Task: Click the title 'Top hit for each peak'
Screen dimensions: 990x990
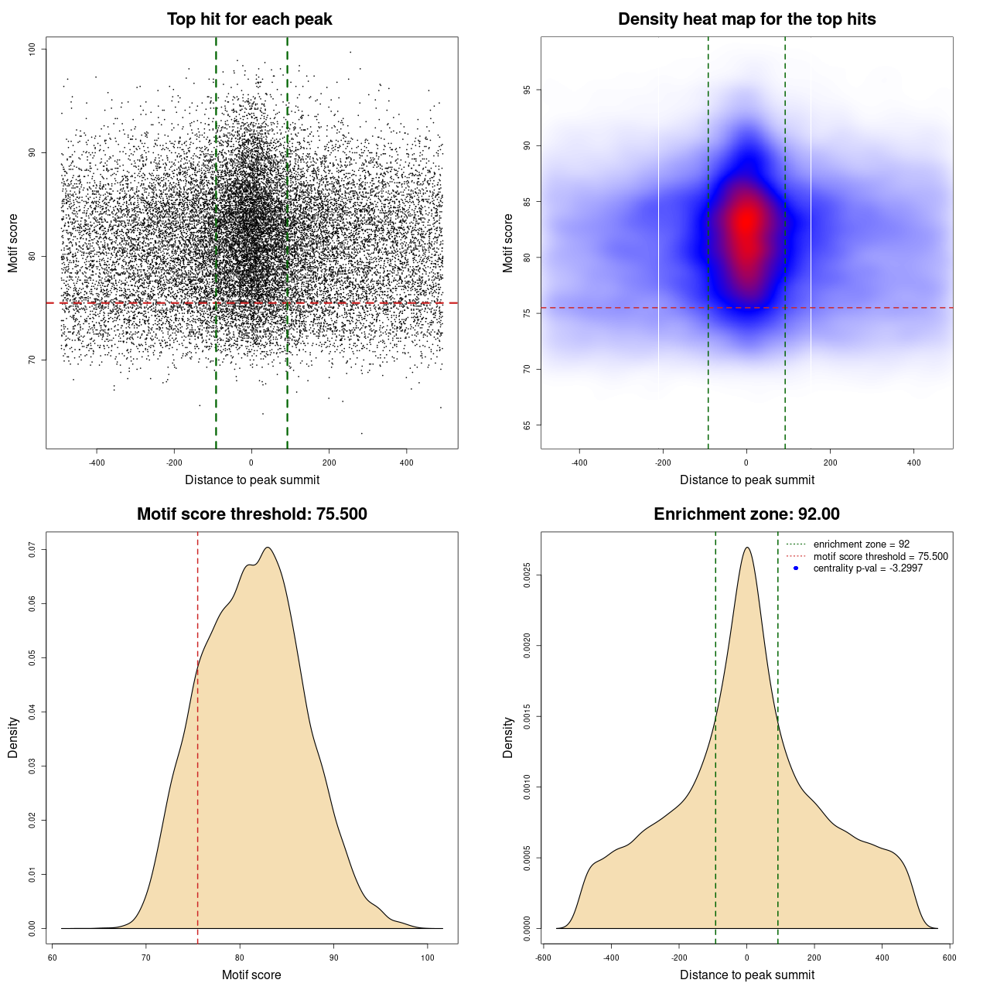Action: [250, 19]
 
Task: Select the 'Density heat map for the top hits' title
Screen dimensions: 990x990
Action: [746, 19]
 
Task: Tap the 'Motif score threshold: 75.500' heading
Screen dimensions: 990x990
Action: [251, 514]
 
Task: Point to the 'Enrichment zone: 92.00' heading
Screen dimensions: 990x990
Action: [746, 514]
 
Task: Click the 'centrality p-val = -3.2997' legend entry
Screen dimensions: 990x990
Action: [868, 568]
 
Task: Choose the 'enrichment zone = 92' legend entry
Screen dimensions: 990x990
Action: [861, 544]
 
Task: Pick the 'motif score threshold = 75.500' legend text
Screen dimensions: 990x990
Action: [880, 557]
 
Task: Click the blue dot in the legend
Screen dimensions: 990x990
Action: [796, 568]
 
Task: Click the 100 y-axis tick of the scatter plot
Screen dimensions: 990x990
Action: [32, 49]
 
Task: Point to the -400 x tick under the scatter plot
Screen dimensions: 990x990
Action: [97, 463]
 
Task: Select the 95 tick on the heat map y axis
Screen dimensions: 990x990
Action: [527, 90]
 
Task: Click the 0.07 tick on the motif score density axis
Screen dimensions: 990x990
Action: [32, 549]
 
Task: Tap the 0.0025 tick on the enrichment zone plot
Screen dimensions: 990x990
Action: [527, 575]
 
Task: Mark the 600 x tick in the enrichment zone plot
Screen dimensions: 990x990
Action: [950, 958]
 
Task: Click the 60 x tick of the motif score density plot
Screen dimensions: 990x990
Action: [52, 958]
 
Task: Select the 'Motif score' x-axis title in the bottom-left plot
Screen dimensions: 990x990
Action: [251, 975]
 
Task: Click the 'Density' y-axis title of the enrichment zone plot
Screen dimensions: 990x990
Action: [508, 737]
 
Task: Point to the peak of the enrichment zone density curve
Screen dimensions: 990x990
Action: [746, 548]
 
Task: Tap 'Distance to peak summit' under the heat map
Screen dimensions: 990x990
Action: [746, 480]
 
